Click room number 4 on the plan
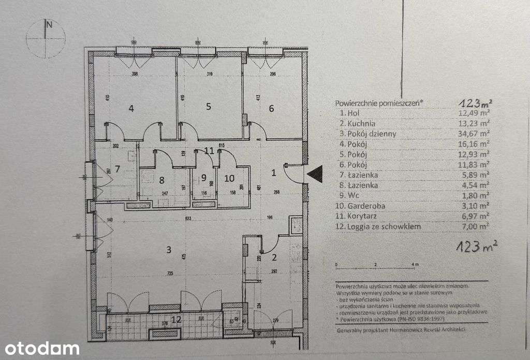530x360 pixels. [x=131, y=108]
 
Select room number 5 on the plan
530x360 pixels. [x=208, y=107]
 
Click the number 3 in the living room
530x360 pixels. [x=168, y=250]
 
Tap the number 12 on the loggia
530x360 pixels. [x=176, y=319]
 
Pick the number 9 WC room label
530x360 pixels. [x=204, y=179]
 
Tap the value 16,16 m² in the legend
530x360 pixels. [x=474, y=144]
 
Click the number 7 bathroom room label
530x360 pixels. [x=117, y=169]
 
